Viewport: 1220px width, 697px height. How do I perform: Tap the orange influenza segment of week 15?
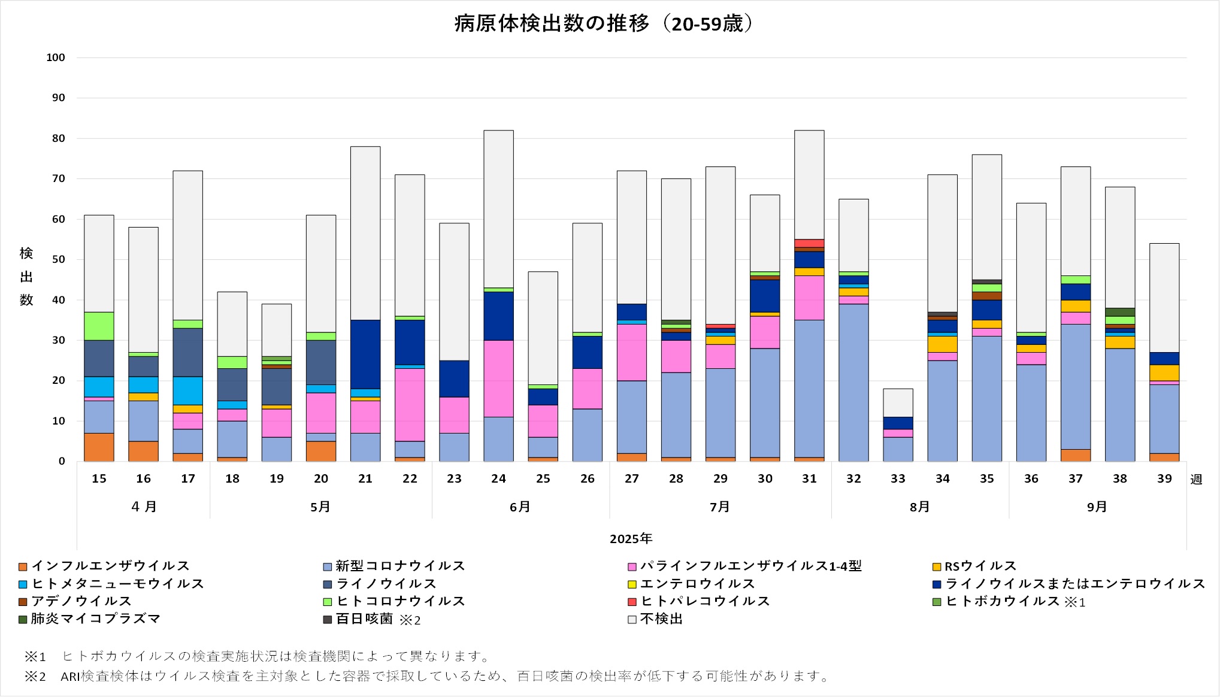(x=99, y=447)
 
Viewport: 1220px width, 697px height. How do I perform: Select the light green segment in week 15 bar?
(x=99, y=326)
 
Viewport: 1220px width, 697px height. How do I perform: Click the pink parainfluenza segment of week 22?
(x=410, y=404)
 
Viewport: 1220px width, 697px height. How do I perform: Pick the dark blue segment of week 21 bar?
(x=365, y=354)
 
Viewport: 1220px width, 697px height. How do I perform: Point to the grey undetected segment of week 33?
(x=898, y=402)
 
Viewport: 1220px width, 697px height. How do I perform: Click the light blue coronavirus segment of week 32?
(x=853, y=382)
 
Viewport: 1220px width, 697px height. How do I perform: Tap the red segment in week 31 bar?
(x=809, y=243)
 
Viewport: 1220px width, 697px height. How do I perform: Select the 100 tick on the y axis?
(x=56, y=57)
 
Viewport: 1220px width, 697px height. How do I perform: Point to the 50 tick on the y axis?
(x=58, y=259)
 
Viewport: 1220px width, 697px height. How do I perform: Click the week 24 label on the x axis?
(x=498, y=478)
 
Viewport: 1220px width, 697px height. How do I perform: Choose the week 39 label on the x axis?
(x=1164, y=478)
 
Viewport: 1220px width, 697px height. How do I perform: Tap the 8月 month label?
(x=919, y=507)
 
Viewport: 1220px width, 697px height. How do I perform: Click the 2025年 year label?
(x=631, y=538)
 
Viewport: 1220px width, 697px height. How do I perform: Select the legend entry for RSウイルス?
(x=980, y=566)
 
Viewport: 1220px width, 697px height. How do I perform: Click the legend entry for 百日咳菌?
(x=364, y=619)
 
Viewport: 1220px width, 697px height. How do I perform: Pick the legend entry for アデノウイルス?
(x=81, y=601)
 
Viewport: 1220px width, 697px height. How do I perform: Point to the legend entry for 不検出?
(x=661, y=619)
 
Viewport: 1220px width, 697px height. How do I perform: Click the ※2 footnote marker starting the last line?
(x=35, y=677)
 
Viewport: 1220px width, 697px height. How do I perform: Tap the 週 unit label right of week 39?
(x=1195, y=480)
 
